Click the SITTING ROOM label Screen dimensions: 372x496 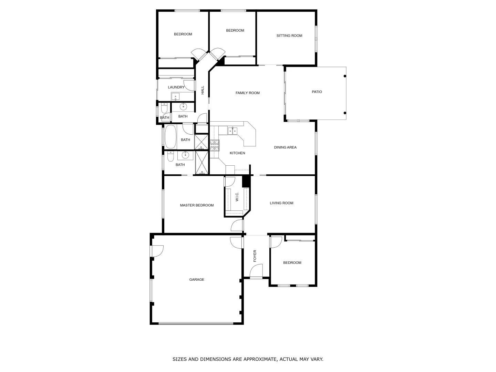(x=289, y=36)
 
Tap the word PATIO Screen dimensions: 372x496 (x=317, y=92)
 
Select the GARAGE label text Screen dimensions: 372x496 (x=197, y=280)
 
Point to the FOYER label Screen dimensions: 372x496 (x=255, y=256)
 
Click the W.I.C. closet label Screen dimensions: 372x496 (x=237, y=197)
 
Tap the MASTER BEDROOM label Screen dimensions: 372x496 (x=197, y=205)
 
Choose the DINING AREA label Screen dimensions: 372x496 (x=285, y=147)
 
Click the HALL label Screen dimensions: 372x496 (x=203, y=90)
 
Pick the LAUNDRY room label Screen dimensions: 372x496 (x=176, y=87)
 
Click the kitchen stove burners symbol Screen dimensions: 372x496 (x=215, y=146)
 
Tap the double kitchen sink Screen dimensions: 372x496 (x=232, y=131)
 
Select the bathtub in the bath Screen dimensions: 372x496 (x=170, y=137)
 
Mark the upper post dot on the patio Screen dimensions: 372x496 (x=345, y=76)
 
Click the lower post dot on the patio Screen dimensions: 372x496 (x=345, y=113)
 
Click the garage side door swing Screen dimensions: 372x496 (x=157, y=251)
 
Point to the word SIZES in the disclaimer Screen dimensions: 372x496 (x=180, y=359)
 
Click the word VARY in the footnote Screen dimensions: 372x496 (x=317, y=359)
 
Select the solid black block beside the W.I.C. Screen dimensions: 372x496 (x=246, y=182)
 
